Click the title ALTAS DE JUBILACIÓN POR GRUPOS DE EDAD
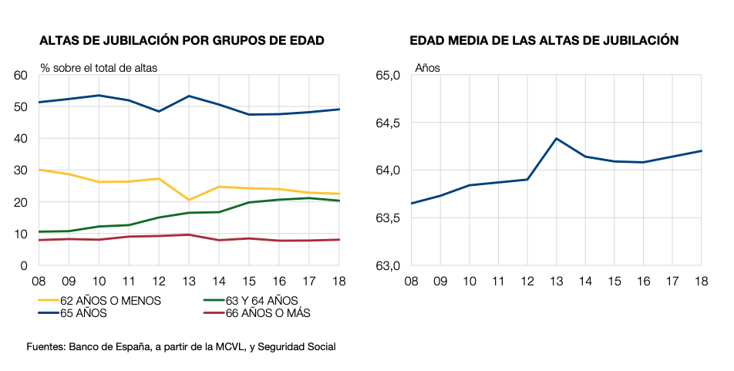tap(181, 41)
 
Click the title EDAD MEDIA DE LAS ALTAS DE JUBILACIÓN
tap(544, 41)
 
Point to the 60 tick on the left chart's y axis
tap(21, 76)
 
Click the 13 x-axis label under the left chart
tap(188, 281)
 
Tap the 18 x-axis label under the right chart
tap(700, 281)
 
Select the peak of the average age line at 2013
tap(556, 139)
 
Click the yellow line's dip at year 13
tap(188, 200)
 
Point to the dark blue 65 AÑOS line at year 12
tap(158, 111)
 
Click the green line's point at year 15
tap(248, 203)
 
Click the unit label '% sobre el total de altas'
tap(99, 68)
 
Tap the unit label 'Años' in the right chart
tap(427, 68)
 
